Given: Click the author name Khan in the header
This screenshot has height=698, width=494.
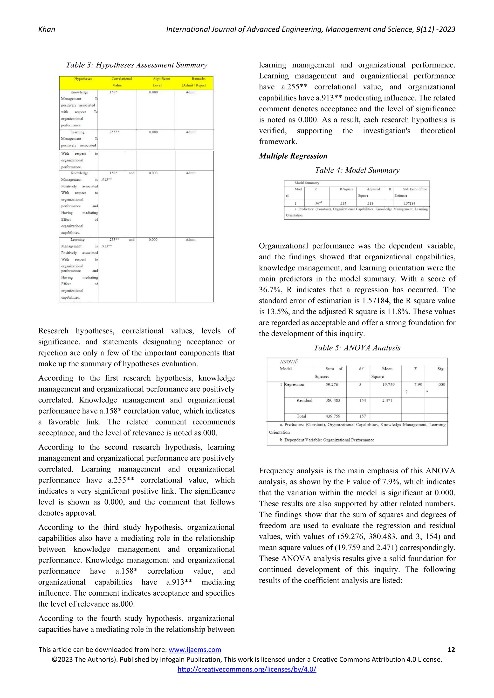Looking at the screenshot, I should (x=47, y=29).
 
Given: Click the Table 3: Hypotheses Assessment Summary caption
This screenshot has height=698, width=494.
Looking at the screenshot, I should (x=137, y=65).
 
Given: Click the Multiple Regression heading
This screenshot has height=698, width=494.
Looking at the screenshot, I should (x=293, y=156).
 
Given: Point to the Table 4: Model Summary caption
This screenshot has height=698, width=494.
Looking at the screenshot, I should (x=357, y=170).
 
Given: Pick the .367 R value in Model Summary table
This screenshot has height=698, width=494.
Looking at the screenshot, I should (x=318, y=203).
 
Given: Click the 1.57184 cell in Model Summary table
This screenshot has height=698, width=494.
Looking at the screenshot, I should (x=409, y=203).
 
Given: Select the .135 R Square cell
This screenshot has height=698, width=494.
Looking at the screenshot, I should (x=343, y=203).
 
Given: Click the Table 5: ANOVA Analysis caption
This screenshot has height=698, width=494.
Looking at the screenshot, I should (x=357, y=348).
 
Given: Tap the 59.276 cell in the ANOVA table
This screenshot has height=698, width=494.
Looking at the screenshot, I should (x=332, y=385).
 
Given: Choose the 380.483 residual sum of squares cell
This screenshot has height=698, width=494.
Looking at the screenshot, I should (x=332, y=400).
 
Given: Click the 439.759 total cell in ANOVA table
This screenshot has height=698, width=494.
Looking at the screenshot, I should (x=332, y=416).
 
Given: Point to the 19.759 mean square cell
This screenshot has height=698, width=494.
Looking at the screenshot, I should (x=388, y=385).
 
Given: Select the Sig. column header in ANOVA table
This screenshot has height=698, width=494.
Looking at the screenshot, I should (x=440, y=369).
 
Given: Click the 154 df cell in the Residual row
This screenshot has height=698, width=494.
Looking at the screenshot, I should (x=362, y=400).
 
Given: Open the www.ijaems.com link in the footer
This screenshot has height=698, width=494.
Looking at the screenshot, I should (x=195, y=650).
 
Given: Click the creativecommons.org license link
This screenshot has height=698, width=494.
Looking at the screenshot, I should (x=247, y=669).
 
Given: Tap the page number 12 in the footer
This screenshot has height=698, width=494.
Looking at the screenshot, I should (x=451, y=650).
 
